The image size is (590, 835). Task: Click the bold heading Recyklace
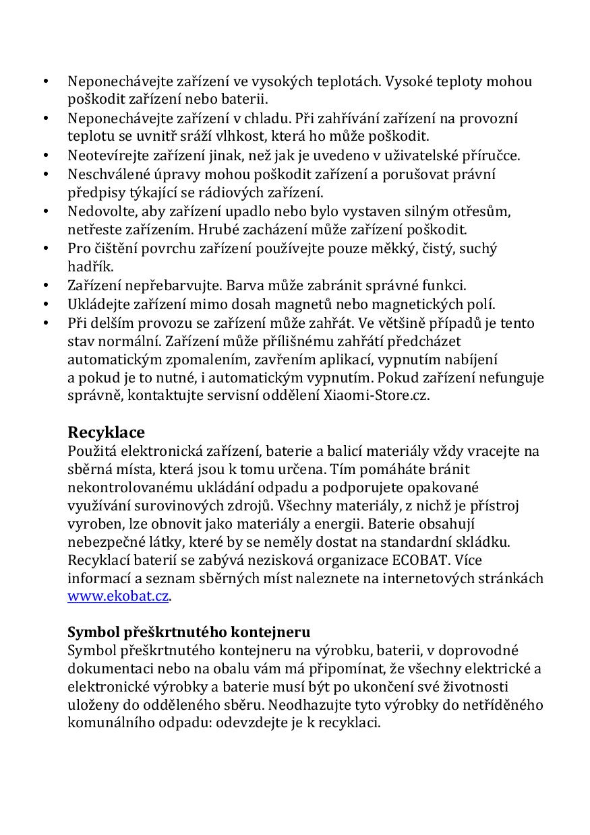[x=106, y=432]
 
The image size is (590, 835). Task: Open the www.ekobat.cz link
[x=118, y=596]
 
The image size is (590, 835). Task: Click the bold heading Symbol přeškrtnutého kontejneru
[x=189, y=632]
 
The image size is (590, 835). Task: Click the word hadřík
[x=90, y=267]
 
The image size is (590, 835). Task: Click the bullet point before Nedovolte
[x=46, y=211]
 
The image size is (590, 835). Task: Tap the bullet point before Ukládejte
[x=46, y=304]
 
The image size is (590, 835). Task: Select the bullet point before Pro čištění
[x=46, y=248]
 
